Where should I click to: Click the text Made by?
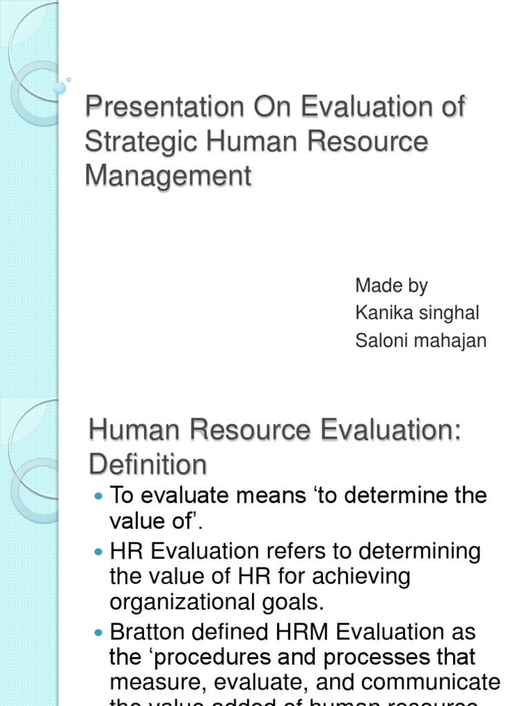[391, 285]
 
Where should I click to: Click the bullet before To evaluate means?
[97, 496]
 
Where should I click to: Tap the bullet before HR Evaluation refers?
[97, 552]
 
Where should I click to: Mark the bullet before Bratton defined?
[97, 632]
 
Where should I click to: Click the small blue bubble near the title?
[60, 88]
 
